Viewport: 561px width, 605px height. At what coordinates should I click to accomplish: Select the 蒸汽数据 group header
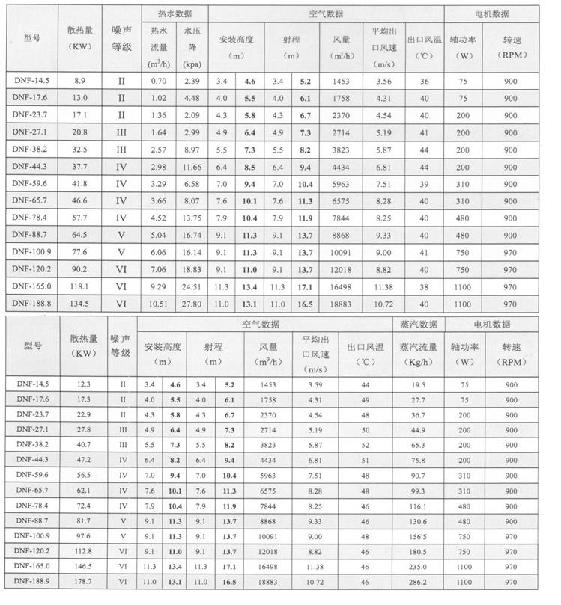click(418, 324)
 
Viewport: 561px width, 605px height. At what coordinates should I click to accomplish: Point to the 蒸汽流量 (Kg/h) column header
click(418, 352)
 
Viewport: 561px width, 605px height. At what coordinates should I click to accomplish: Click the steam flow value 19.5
click(418, 384)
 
